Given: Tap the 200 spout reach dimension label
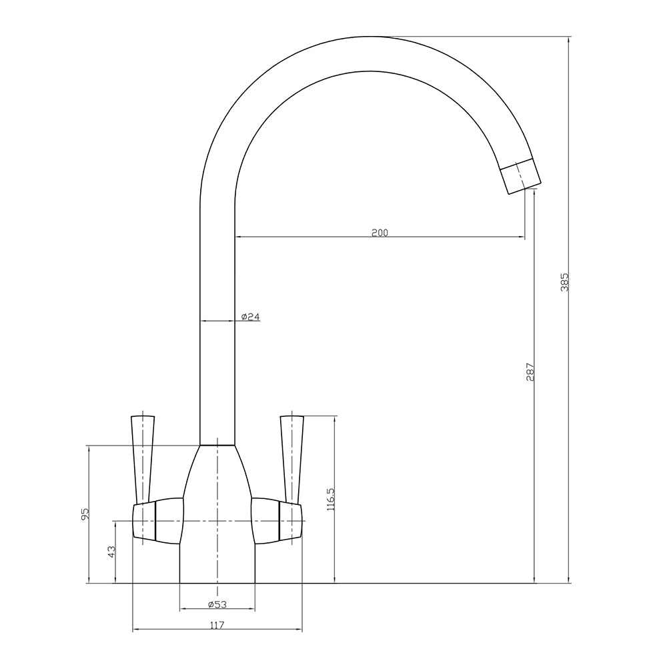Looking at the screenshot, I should coord(380,233).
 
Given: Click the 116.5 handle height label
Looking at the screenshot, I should coord(330,499).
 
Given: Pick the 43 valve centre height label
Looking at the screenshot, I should coord(111,552).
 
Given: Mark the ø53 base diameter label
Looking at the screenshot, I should coord(217,604).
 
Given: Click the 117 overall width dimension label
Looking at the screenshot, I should coord(217,625).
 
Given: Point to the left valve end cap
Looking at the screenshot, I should coord(144,521).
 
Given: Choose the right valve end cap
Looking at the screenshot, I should coord(291,521).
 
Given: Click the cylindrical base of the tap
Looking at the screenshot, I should coord(217,564).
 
